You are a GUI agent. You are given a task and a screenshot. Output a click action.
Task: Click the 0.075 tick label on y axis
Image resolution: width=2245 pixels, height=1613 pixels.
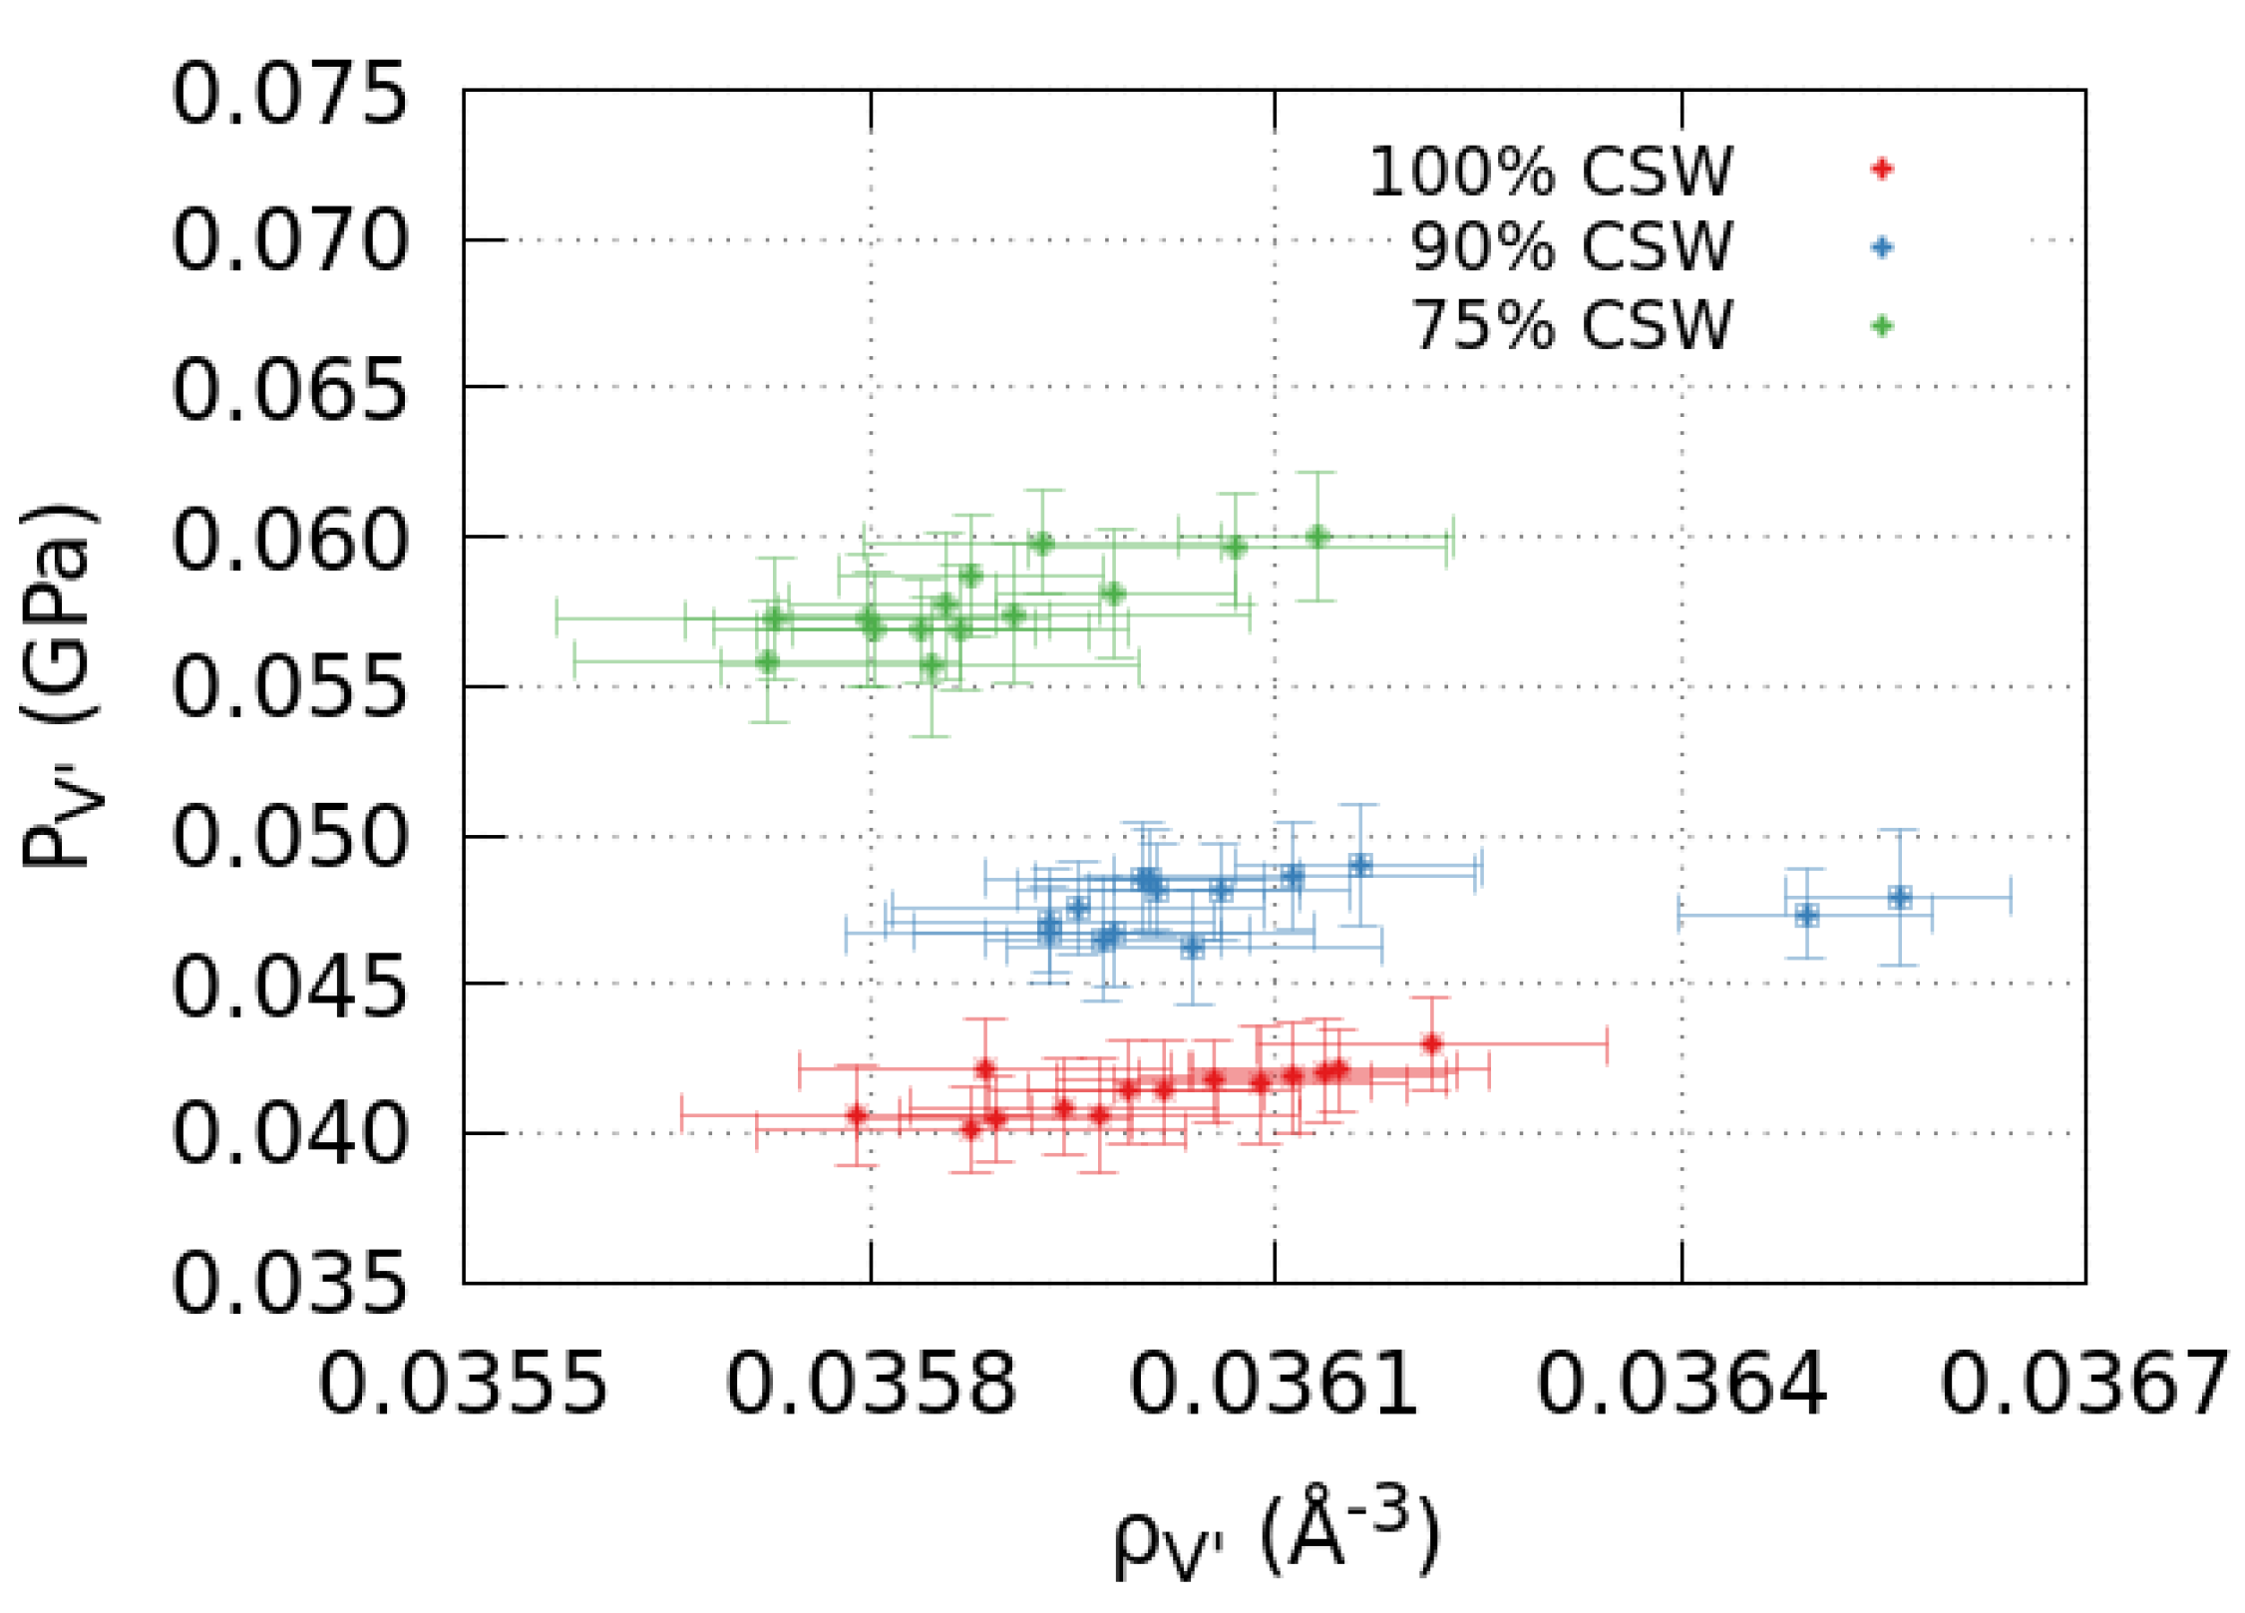click(289, 94)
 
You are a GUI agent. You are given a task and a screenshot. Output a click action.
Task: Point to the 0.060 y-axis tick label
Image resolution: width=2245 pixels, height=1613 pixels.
click(289, 540)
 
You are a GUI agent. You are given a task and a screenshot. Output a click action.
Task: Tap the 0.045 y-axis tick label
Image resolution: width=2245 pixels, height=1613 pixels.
click(289, 987)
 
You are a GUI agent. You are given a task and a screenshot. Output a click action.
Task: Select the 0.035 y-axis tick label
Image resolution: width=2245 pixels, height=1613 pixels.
click(289, 1283)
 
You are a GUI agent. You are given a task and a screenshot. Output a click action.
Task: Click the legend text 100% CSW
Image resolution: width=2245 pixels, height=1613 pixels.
click(1551, 172)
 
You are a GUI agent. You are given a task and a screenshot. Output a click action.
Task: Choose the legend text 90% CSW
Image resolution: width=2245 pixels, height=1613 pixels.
click(1572, 246)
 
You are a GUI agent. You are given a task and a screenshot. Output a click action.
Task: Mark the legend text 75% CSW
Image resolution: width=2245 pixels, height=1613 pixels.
click(1572, 324)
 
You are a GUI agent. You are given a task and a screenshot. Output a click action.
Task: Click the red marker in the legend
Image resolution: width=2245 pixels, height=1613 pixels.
click(1882, 169)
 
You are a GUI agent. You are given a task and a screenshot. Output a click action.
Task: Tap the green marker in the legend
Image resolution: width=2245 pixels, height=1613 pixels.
click(1882, 326)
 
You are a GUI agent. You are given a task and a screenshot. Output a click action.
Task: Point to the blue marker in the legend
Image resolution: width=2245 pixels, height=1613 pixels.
click(1882, 247)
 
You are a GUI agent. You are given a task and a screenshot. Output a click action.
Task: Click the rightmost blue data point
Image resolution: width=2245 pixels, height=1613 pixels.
click(1900, 898)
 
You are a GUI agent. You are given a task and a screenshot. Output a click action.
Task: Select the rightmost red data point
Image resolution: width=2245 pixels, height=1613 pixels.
click(1432, 1044)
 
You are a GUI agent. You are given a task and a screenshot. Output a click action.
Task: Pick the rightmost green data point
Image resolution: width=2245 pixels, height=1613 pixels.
click(1317, 537)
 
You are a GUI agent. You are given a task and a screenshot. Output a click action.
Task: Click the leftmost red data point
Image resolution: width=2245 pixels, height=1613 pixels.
click(857, 1115)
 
